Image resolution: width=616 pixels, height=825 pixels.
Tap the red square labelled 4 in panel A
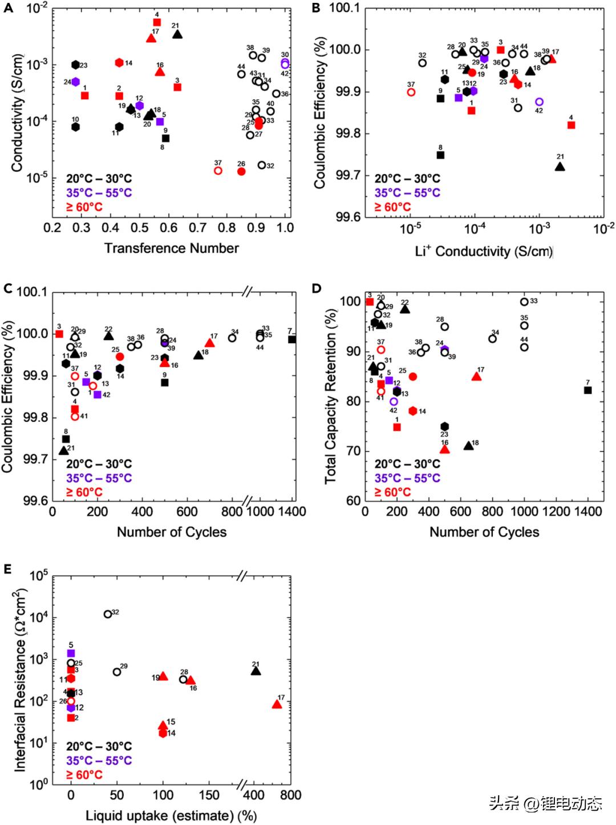pyautogui.click(x=157, y=22)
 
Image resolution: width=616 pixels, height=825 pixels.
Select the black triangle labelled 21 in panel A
pyautogui.click(x=177, y=34)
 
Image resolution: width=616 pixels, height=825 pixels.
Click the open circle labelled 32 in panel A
pyautogui.click(x=262, y=165)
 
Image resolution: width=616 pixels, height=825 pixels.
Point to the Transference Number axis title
pyautogui.click(x=171, y=248)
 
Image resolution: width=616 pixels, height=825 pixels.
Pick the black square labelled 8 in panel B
pyautogui.click(x=440, y=155)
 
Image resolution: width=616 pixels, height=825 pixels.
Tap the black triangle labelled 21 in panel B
pyautogui.click(x=560, y=167)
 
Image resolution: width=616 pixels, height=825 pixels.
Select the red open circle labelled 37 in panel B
pyautogui.click(x=411, y=92)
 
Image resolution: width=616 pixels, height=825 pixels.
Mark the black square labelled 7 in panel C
pyautogui.click(x=292, y=339)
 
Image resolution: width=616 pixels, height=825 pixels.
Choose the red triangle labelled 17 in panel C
pyautogui.click(x=209, y=343)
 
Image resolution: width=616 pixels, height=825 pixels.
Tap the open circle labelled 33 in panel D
pyautogui.click(x=524, y=301)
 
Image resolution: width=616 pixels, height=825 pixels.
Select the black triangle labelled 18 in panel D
pyautogui.click(x=469, y=445)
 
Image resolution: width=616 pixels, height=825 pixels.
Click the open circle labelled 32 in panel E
pyautogui.click(x=108, y=614)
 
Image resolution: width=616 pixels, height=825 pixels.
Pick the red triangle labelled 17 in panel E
pyautogui.click(x=277, y=704)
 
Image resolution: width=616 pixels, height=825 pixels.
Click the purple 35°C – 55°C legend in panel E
pyautogui.click(x=99, y=760)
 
